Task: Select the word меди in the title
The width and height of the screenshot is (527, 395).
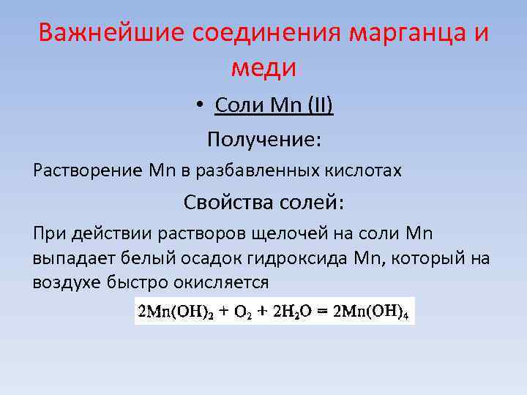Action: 263,67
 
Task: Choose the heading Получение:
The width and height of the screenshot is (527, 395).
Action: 263,138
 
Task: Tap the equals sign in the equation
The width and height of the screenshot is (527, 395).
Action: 324,311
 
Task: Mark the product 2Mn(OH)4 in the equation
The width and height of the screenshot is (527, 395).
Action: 372,311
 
